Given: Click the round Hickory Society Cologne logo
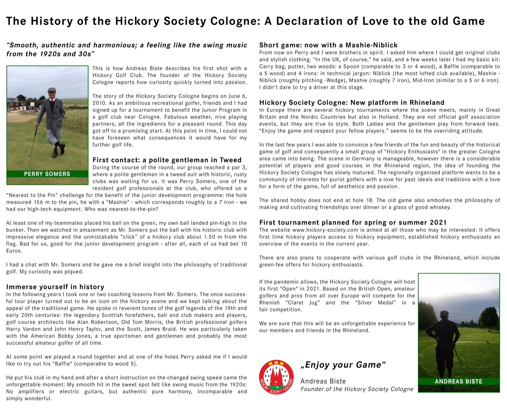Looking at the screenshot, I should coord(276,377).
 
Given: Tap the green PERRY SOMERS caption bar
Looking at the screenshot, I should coord(47,174).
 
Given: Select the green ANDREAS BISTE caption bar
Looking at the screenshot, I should coord(459,382).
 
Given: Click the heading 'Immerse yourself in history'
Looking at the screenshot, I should coord(55,287).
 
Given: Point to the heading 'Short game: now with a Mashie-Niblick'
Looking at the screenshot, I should coord(328,45).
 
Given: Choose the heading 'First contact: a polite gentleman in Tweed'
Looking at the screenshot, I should coord(167,160).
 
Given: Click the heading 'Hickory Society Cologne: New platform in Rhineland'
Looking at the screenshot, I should coord(352,103).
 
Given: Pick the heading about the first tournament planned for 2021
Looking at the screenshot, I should coord(353,222).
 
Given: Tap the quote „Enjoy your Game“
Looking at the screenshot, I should coord(343,365).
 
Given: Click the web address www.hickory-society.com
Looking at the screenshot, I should coord(325,230).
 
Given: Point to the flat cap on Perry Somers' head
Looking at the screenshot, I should coord(52,90).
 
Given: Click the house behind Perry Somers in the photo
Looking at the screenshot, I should coord(16,104).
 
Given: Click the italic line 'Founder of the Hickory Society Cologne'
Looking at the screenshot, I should coord(357,389).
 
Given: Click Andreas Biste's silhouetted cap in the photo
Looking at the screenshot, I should coord(444,313).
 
